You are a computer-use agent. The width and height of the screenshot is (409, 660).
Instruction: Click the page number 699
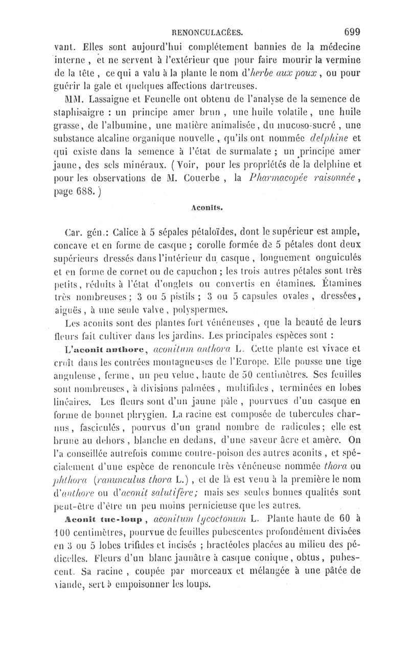click(x=353, y=31)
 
